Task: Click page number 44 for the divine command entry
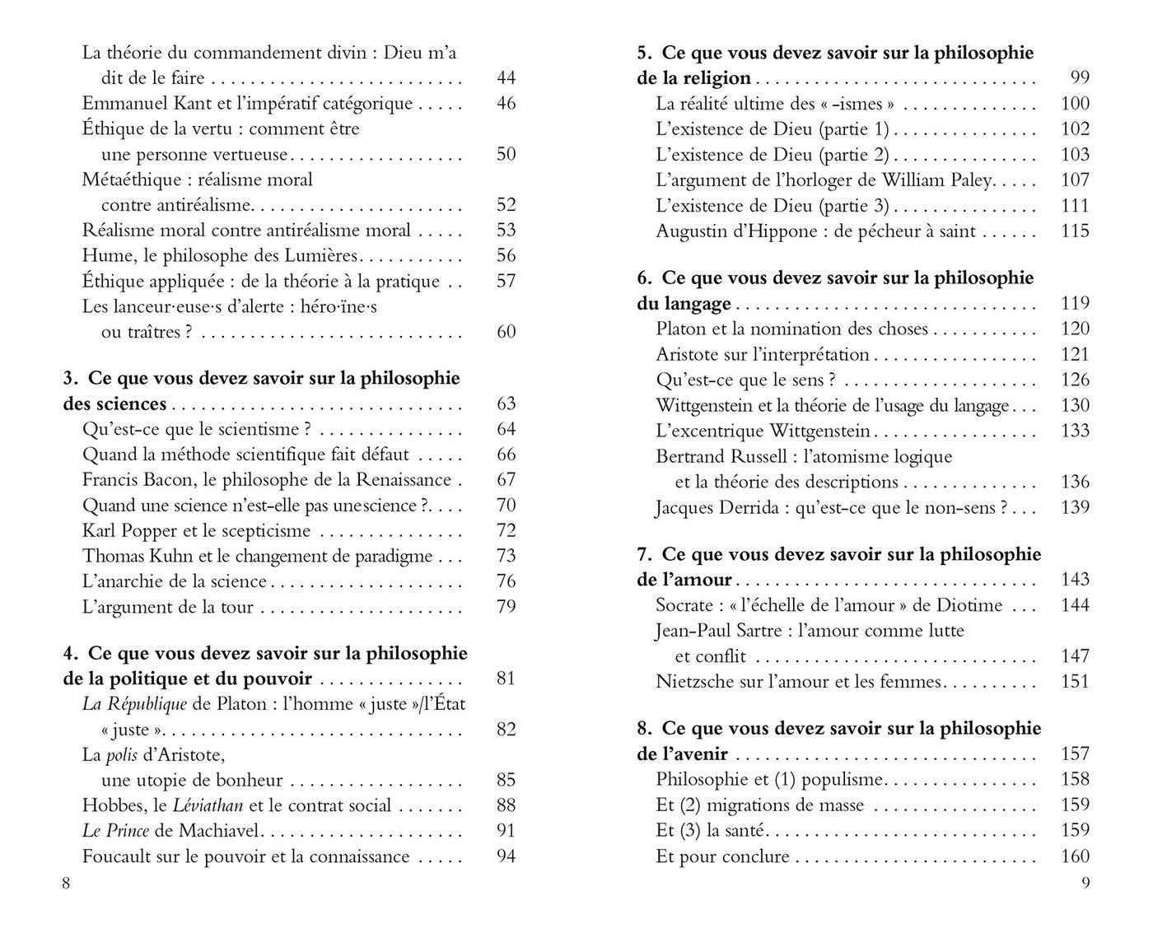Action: click(506, 78)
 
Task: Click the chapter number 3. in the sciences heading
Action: click(71, 379)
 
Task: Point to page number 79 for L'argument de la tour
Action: click(506, 607)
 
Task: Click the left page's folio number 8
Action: click(67, 884)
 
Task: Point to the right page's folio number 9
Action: click(1085, 884)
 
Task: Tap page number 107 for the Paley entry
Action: click(1075, 180)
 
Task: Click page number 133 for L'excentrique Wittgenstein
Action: click(1075, 431)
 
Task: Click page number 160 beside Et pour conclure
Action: click(1075, 857)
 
